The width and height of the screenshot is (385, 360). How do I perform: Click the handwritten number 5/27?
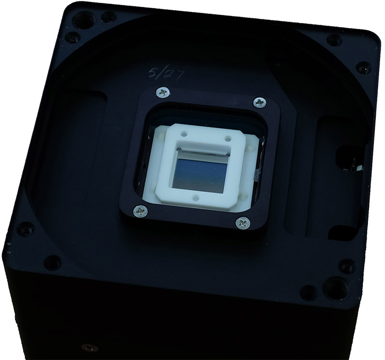tap(167, 75)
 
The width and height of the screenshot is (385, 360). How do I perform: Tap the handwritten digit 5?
tap(154, 73)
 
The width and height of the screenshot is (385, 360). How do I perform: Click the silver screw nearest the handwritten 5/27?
tap(163, 92)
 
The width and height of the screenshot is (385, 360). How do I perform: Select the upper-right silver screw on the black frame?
tap(260, 102)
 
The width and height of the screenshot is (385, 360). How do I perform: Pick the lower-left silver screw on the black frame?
tap(140, 211)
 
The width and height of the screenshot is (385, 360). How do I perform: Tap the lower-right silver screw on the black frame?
tap(243, 223)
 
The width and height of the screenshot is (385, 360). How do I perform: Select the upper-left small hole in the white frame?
tap(184, 134)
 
